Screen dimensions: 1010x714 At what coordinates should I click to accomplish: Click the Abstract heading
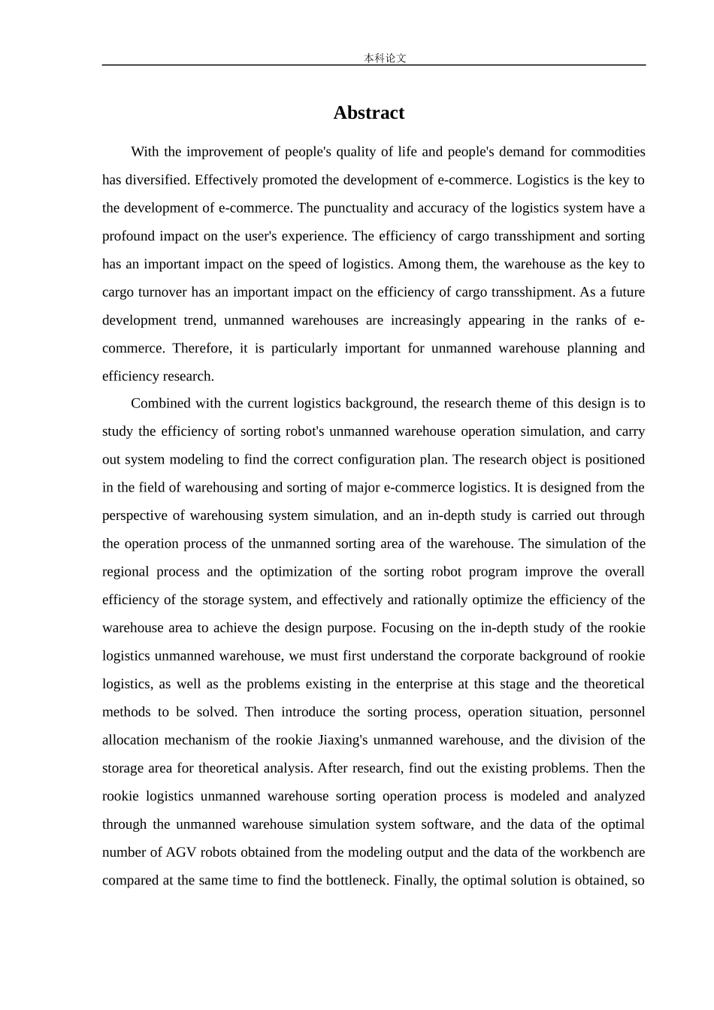(369, 113)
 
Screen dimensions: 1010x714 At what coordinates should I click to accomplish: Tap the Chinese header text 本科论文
(385, 58)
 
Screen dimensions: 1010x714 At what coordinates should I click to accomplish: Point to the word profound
(128, 236)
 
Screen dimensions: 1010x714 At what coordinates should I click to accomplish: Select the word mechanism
(197, 740)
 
